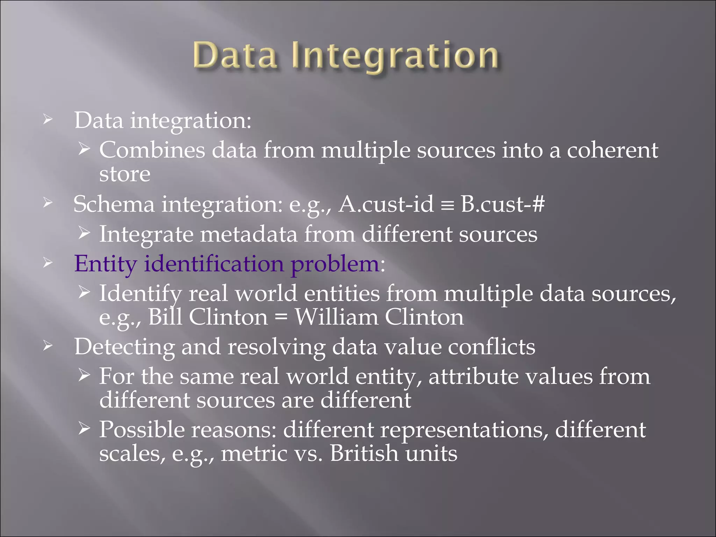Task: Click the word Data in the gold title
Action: [x=235, y=55]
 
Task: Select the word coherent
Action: [x=612, y=150]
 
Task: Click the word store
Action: [x=125, y=174]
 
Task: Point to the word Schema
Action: [x=114, y=204]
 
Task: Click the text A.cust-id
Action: [x=386, y=204]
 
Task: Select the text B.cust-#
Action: [x=502, y=204]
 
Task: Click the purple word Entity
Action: [x=105, y=264]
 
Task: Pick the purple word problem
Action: [x=335, y=264]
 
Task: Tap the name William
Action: [x=336, y=317]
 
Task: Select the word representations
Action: [x=464, y=430]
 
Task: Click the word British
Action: [x=364, y=454]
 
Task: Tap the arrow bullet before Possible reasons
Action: [x=84, y=428]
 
